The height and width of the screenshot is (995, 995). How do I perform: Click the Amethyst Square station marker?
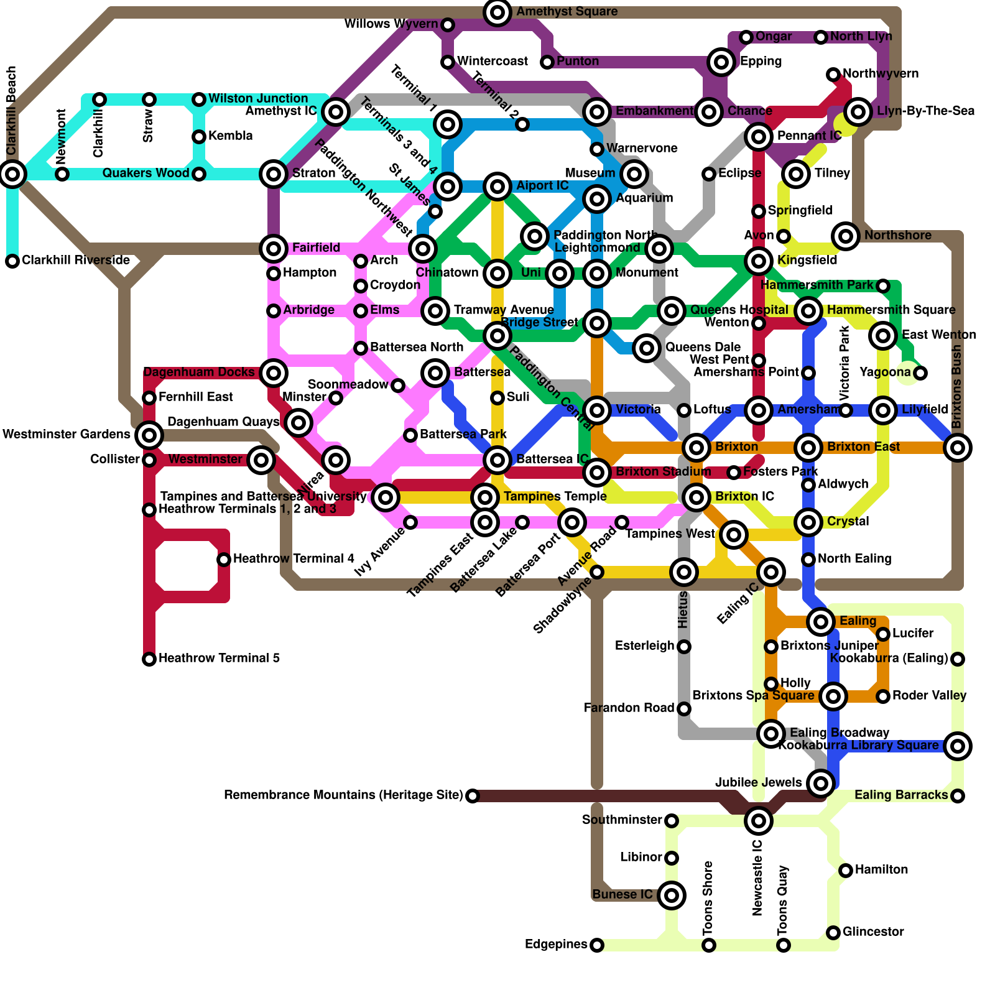497,12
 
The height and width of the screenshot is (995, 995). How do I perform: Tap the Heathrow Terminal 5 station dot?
149,659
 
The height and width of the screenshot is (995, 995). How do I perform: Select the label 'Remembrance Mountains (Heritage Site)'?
343,795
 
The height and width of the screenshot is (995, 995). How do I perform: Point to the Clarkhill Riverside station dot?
12,261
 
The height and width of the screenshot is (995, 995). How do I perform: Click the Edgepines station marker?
597,945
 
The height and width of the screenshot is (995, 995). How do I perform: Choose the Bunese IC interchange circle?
672,895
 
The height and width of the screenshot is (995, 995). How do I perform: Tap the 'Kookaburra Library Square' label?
859,746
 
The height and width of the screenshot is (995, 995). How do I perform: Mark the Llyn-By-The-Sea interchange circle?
858,112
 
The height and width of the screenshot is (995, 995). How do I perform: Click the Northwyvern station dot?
833,75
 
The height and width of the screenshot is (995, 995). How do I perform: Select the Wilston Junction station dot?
199,99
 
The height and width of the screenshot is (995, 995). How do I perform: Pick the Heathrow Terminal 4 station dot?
224,560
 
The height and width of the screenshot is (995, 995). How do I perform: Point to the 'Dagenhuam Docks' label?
199,373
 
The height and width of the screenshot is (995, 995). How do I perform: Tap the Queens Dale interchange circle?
647,348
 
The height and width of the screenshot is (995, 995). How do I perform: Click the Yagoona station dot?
920,373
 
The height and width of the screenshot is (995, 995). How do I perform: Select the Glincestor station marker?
833,933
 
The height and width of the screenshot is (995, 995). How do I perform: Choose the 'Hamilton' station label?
881,870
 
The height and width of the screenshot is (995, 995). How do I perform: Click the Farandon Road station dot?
684,709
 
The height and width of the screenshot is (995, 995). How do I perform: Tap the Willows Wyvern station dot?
448,25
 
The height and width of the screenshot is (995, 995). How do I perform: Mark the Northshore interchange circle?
846,236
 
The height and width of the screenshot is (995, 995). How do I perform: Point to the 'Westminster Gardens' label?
67,434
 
